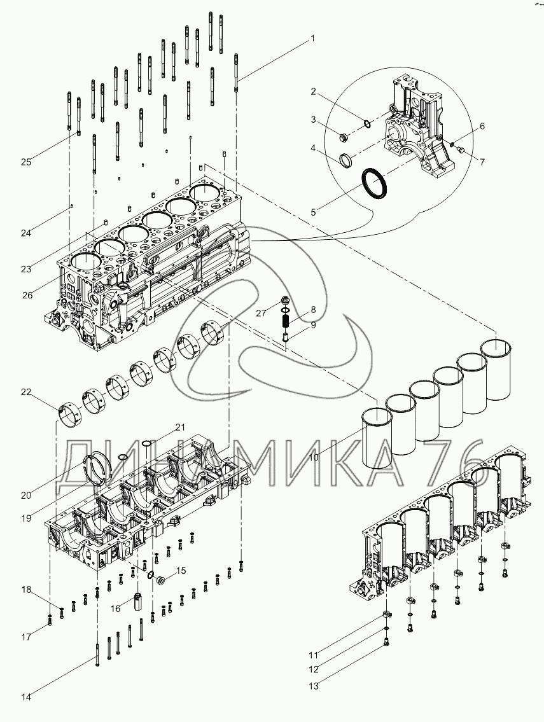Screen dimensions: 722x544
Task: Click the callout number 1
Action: [x=312, y=38]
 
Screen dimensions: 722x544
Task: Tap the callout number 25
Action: [x=26, y=162]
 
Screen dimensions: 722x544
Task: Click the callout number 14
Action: [x=26, y=697]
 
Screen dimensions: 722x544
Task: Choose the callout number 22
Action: [x=26, y=392]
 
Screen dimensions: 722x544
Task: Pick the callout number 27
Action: [x=260, y=313]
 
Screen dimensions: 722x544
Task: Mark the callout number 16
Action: [x=115, y=608]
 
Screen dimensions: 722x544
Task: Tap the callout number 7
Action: [x=482, y=162]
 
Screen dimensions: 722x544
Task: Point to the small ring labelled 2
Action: [x=368, y=123]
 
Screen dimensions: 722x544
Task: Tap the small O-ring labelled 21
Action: [x=147, y=444]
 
